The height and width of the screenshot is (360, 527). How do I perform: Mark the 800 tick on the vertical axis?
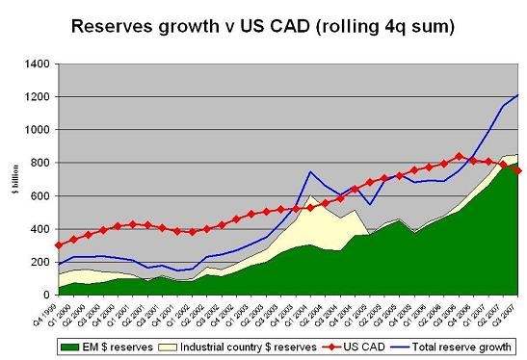pyautogui.click(x=40, y=162)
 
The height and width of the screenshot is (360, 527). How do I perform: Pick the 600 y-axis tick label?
pyautogui.click(x=40, y=194)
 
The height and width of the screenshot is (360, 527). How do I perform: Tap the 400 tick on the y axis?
pyautogui.click(x=40, y=227)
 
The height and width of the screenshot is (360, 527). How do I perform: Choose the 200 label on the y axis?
pyautogui.click(x=40, y=260)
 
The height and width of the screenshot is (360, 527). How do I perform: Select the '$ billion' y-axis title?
pyautogui.click(x=13, y=178)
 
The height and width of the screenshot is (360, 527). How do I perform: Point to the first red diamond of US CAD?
pyautogui.click(x=60, y=244)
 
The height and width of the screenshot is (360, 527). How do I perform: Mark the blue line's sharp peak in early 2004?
pyautogui.click(x=311, y=172)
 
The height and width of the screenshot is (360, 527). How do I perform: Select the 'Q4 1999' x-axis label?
pyautogui.click(x=60, y=311)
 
